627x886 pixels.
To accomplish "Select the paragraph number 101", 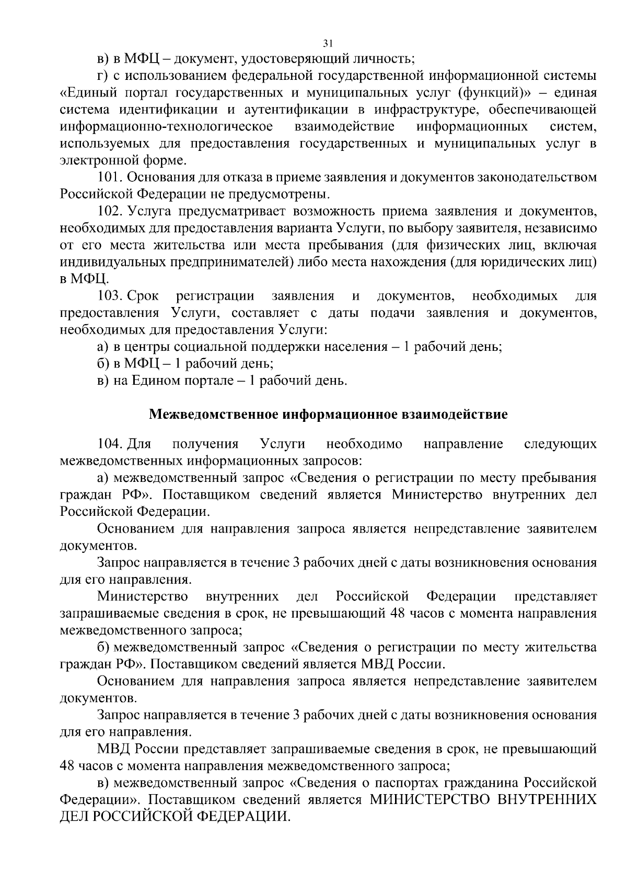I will pyautogui.click(x=109, y=178).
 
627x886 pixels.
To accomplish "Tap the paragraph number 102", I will pyautogui.click(x=110, y=211).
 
